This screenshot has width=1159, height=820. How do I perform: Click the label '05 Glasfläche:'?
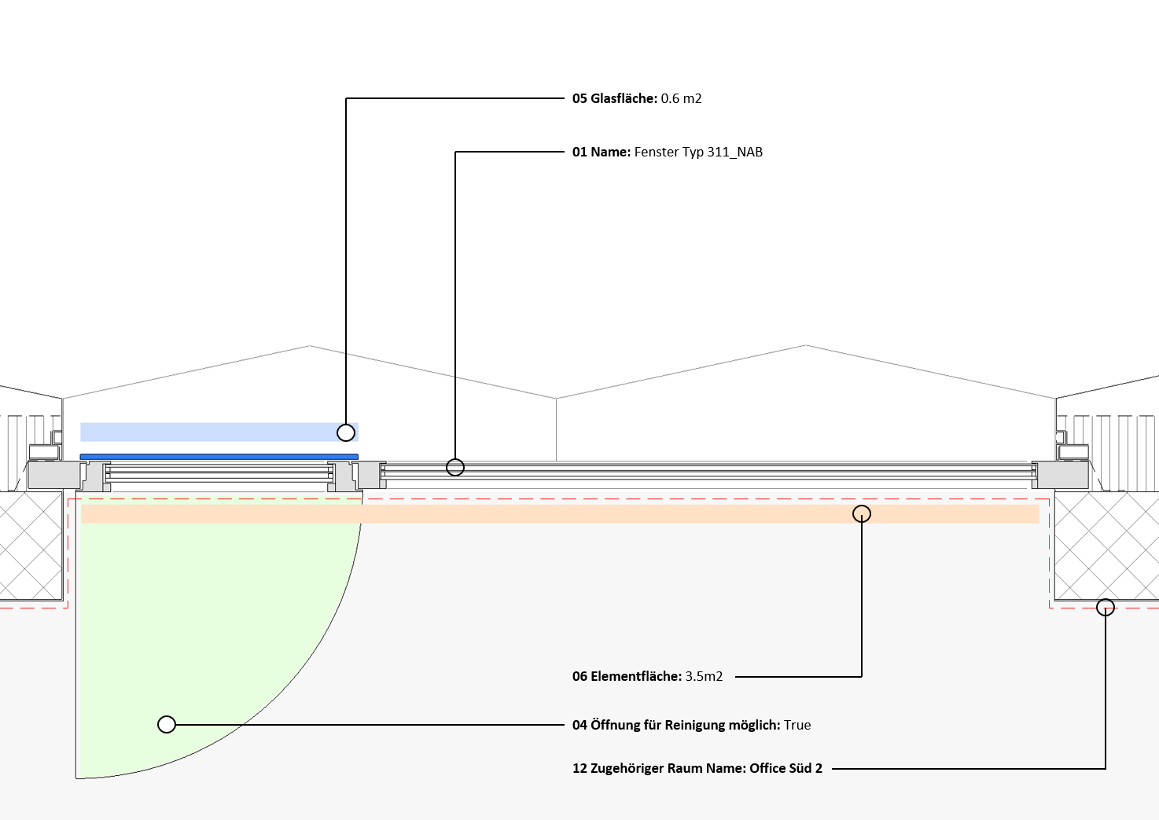pos(615,98)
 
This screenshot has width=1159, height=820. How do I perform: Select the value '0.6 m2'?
pos(682,98)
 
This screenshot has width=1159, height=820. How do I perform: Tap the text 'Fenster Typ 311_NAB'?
pos(698,152)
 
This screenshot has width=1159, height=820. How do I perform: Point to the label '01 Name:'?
pos(602,152)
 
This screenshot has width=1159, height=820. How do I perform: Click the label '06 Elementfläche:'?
pos(627,676)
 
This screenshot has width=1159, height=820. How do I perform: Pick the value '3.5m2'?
pos(705,676)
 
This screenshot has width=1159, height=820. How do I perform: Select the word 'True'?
pos(797,725)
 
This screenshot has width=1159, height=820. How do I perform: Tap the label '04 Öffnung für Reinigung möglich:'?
pos(676,725)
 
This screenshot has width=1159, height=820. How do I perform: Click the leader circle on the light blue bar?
pos(346,432)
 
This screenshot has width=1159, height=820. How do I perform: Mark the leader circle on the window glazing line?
pos(455,467)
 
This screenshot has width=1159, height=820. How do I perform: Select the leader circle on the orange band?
pos(862,513)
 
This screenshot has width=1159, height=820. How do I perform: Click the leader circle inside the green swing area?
pos(167,724)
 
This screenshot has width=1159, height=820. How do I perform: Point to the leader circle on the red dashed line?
pos(1106,608)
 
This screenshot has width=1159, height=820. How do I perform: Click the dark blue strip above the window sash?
pos(219,457)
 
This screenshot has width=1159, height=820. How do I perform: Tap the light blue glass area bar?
pos(219,432)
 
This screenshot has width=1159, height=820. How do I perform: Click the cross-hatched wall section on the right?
pos(1107,546)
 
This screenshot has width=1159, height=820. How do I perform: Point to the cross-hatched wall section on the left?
pos(31,546)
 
